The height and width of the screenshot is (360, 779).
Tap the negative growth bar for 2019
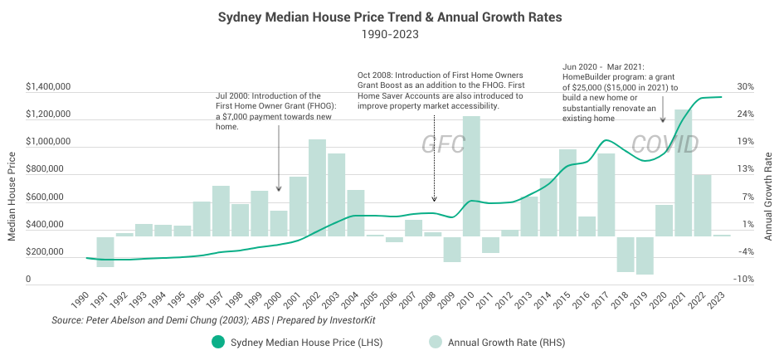[x=645, y=255]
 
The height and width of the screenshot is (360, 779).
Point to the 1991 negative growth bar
[x=105, y=251]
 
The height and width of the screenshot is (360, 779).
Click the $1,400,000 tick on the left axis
[x=47, y=86]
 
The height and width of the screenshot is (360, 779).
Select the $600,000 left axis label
[x=47, y=197]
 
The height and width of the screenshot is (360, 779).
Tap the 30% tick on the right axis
[x=745, y=86]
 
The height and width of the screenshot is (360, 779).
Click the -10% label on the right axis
[x=744, y=280]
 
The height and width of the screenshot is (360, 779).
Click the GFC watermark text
[x=444, y=144]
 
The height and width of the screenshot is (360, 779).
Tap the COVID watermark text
[x=665, y=144]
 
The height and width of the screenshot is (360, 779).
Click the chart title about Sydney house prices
[x=389, y=16]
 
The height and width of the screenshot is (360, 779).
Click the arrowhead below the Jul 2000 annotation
[x=279, y=189]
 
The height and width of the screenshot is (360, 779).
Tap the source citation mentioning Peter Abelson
[x=179, y=319]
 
